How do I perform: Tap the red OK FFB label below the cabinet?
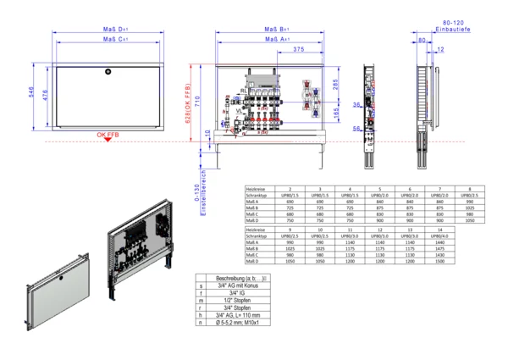pyautogui.click(x=108, y=135)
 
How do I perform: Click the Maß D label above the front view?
pyautogui.click(x=109, y=29)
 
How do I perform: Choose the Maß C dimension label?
pyautogui.click(x=109, y=39)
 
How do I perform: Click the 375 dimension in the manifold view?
pyautogui.click(x=299, y=50)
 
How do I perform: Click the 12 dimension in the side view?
pyautogui.click(x=440, y=50)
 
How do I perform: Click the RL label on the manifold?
pyautogui.click(x=243, y=89)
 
